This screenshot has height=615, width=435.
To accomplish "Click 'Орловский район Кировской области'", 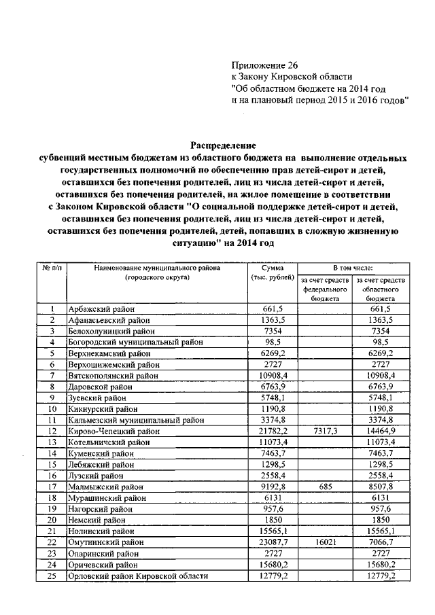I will (x=138, y=577).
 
